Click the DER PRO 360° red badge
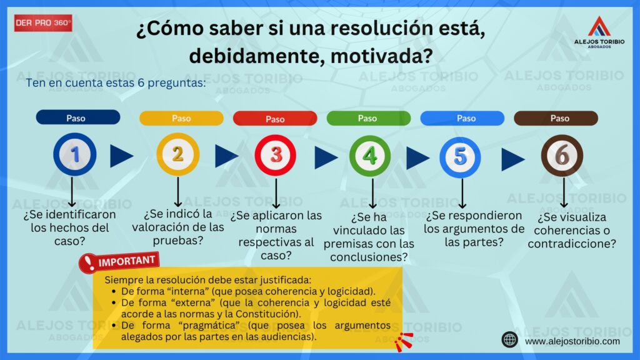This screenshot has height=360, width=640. [x=43, y=23]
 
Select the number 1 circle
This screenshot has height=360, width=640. [x=75, y=154]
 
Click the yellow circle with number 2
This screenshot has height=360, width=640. [x=178, y=154]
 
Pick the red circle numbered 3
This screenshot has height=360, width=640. [x=276, y=156]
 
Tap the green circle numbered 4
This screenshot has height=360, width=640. [x=370, y=156]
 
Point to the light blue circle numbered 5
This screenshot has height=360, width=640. [x=460, y=157]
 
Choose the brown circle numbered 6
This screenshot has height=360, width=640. [x=562, y=156]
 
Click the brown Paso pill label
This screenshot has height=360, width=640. [x=556, y=118]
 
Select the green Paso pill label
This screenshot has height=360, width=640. [x=369, y=118]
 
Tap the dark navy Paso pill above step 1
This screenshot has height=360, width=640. [x=78, y=117]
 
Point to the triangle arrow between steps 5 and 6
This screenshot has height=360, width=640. [x=513, y=159]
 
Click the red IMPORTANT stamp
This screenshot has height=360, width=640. [x=119, y=262]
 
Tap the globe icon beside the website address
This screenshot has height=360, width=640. [x=510, y=339]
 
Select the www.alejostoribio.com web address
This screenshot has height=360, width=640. [x=572, y=341]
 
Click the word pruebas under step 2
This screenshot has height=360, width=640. [x=178, y=241]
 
